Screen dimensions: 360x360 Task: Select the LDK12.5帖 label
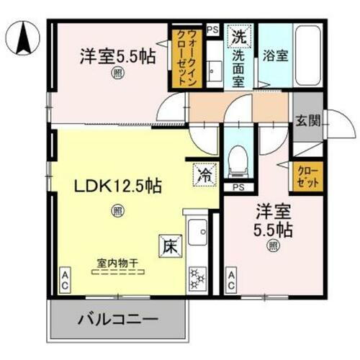point(118,186)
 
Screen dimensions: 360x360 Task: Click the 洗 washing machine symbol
point(238,35)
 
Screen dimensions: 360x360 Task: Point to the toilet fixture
point(237,162)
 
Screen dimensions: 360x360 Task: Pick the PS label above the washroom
point(212,30)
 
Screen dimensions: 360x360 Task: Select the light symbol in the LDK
point(116,211)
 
